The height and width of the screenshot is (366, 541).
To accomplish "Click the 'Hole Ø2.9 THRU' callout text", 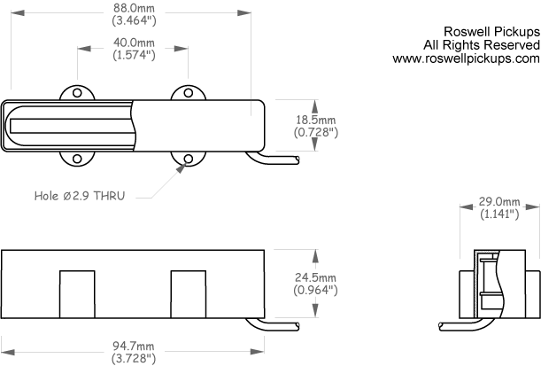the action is pos(80,196).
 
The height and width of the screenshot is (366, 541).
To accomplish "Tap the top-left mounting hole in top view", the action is pos(77,93).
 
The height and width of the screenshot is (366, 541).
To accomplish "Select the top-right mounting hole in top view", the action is pos(188,93).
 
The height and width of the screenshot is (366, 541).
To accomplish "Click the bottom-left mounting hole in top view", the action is pos(77,159).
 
